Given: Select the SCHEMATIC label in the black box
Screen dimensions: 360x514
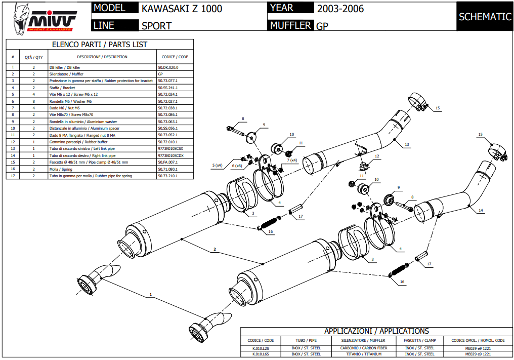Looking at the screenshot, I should click(x=485, y=17).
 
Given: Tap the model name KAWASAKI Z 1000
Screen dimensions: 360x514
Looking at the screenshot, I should click(x=182, y=9).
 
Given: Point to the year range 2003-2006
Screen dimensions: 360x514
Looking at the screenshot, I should click(x=340, y=9).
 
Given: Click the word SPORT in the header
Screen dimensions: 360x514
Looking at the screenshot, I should click(x=156, y=25).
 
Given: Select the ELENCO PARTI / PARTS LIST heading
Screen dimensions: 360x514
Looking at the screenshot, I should click(x=100, y=45).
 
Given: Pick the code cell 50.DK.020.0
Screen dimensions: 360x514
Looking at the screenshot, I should click(x=168, y=67).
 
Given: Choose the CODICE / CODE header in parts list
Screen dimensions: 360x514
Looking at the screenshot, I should click(x=175, y=57).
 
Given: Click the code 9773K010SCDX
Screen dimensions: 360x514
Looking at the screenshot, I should click(x=171, y=155).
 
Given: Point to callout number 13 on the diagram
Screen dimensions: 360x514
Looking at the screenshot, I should click(x=407, y=144).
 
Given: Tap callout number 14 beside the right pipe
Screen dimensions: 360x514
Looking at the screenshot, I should click(x=481, y=210).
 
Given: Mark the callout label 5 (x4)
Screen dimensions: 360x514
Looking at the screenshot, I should click(x=217, y=166).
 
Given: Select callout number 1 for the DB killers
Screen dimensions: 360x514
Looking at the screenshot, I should click(x=150, y=294).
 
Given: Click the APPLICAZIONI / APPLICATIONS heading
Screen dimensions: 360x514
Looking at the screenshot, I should click(x=376, y=331).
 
